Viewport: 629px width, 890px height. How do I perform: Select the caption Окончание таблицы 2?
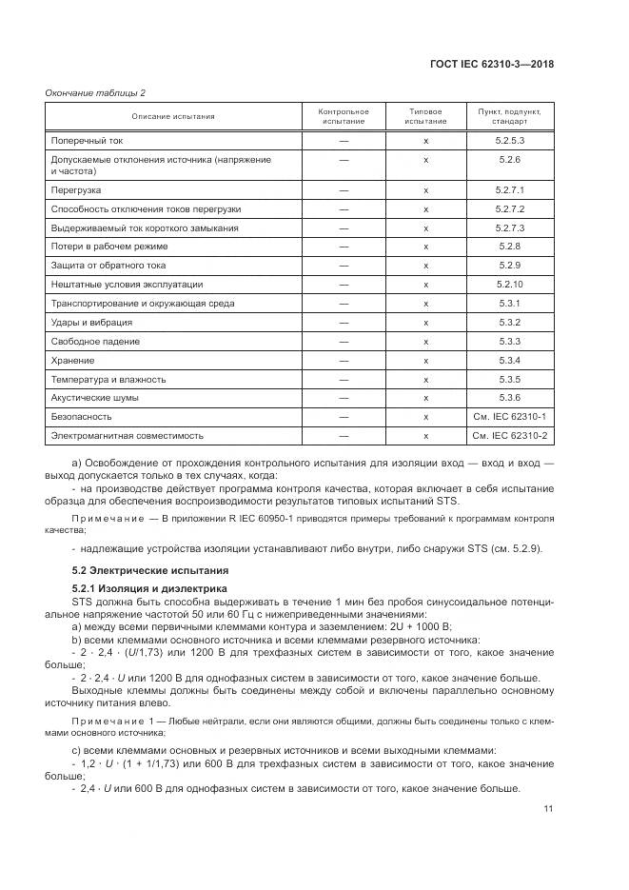click(95, 92)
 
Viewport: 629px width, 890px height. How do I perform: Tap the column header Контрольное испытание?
click(343, 116)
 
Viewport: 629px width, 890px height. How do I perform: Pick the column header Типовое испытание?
click(425, 116)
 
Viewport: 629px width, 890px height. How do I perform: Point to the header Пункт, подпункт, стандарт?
click(509, 116)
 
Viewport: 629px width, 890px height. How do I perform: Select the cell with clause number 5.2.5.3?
click(509, 141)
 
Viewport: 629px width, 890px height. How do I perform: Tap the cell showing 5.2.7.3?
click(509, 227)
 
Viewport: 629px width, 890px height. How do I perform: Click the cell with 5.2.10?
click(509, 284)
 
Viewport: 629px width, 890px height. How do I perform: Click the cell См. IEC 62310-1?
click(509, 416)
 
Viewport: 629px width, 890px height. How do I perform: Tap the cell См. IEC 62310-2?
click(509, 435)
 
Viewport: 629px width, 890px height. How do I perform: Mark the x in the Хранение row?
click(425, 360)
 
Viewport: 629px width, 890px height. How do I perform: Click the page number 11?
click(548, 809)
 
